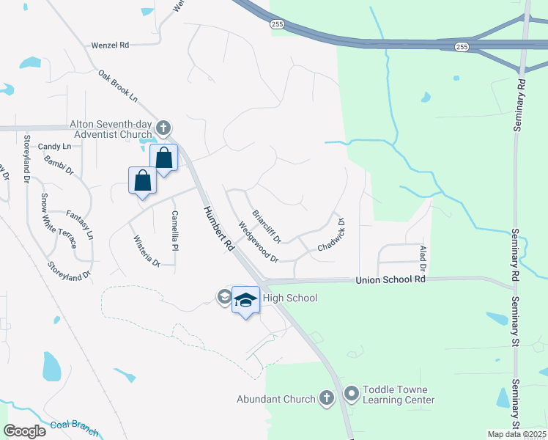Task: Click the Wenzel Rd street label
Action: [110, 45]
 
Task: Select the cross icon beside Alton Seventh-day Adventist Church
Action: [163, 129]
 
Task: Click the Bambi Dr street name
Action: [59, 166]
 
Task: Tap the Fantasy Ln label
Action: [80, 225]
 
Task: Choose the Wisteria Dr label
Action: [147, 251]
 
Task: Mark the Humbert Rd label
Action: [218, 229]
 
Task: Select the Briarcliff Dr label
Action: [267, 227]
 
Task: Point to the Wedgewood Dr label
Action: [258, 243]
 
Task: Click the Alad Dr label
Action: [423, 257]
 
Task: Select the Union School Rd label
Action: [390, 279]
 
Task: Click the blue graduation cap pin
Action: [246, 299]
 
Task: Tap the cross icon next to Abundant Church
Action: [327, 398]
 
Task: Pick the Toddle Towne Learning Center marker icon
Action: [351, 394]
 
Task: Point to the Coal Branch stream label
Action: [74, 428]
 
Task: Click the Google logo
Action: [24, 430]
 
